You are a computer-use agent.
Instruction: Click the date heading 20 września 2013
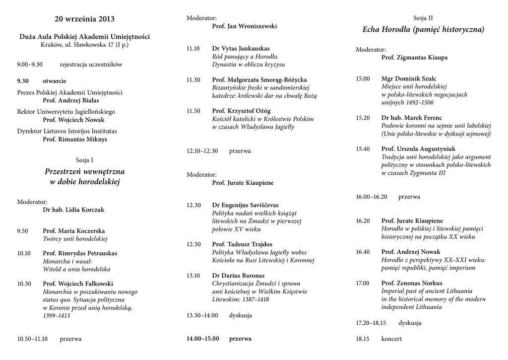point(84,19)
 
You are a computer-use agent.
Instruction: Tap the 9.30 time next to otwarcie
point(23,81)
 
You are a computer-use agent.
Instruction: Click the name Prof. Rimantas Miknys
point(75,140)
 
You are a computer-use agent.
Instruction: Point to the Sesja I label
point(84,160)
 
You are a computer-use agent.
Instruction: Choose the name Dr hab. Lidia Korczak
point(73,210)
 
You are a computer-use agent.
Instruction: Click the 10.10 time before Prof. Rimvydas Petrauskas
point(24,253)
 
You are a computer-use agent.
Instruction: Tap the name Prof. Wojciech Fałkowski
point(78,284)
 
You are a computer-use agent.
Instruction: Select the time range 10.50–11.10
point(32,339)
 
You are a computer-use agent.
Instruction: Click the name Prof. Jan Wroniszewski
point(244,26)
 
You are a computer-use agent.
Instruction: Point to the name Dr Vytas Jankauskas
point(241,49)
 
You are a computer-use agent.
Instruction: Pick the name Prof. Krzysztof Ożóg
point(241,111)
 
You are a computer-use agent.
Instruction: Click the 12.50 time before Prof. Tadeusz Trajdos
point(193,244)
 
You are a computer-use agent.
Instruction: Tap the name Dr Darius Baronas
point(238,276)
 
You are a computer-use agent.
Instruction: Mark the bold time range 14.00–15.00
point(202,339)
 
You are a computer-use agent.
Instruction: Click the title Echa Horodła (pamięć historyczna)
point(423,30)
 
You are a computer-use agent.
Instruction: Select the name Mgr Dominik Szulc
point(409,78)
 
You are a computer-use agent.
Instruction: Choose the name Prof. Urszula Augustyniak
point(418,149)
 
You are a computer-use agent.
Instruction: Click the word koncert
point(391,339)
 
